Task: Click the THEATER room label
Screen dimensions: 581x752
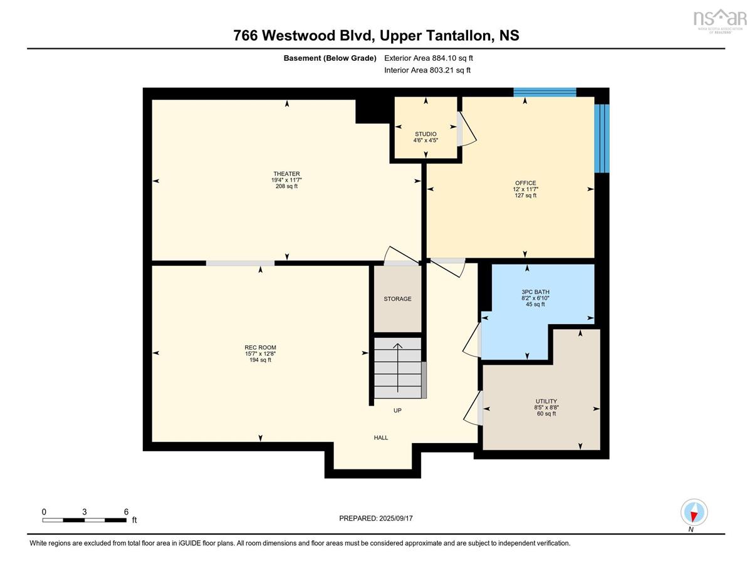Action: [x=286, y=174]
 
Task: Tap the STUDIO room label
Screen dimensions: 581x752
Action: [x=426, y=134]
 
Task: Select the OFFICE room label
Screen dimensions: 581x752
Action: [x=525, y=183]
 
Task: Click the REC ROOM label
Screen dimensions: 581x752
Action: [x=260, y=347]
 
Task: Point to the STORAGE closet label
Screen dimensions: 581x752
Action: [x=397, y=299]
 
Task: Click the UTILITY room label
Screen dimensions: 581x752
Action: [x=546, y=401]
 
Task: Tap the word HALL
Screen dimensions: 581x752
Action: [x=381, y=437]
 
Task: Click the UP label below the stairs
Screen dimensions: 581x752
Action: [x=397, y=411]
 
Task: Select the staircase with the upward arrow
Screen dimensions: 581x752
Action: [x=397, y=368]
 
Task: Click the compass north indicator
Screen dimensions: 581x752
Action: [x=694, y=513]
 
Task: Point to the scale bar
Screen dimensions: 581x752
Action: [x=85, y=520]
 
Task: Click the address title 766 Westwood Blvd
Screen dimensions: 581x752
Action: [x=376, y=36]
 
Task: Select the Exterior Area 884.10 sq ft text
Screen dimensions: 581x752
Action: [x=428, y=58]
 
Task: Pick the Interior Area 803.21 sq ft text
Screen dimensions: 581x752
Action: [x=427, y=70]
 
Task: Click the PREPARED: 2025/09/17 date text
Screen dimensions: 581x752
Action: [x=376, y=518]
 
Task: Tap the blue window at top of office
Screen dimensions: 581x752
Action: [x=545, y=93]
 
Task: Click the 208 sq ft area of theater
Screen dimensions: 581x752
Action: [x=286, y=186]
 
